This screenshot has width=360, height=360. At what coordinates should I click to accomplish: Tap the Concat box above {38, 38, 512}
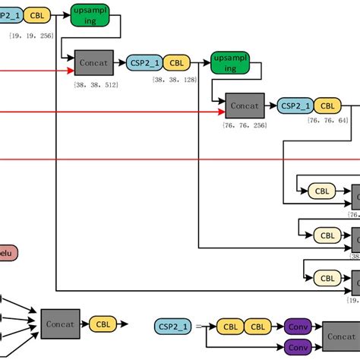point(94,62)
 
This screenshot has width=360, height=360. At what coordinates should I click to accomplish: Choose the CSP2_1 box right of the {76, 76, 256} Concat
point(294,106)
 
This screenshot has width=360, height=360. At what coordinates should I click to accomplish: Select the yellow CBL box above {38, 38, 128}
point(176,62)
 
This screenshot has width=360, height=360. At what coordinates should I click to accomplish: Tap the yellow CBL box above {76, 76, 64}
point(328,106)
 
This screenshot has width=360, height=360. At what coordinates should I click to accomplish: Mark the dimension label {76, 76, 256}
point(245,125)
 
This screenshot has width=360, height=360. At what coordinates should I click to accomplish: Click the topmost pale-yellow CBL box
point(323,191)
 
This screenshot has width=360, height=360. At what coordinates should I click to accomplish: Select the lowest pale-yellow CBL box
point(327,279)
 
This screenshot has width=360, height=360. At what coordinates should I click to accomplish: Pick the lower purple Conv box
point(298,349)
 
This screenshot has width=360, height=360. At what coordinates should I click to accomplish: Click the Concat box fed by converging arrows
point(59,324)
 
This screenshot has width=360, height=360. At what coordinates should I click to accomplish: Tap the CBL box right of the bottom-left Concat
point(103,324)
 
